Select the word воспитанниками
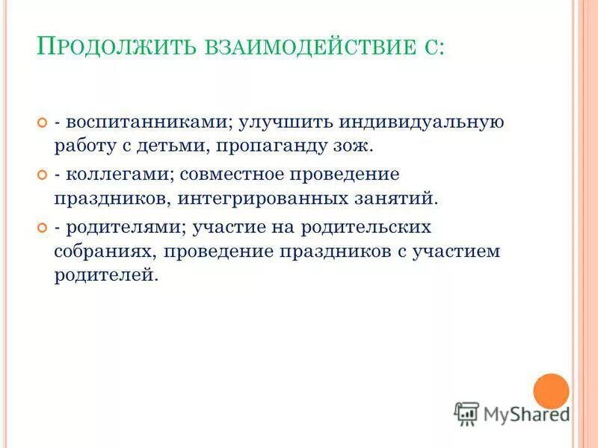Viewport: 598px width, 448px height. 149,121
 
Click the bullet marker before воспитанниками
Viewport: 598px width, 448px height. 42,121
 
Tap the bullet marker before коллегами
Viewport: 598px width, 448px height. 42,175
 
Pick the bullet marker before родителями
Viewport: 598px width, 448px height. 42,226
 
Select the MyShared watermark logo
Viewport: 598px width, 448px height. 511,412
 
